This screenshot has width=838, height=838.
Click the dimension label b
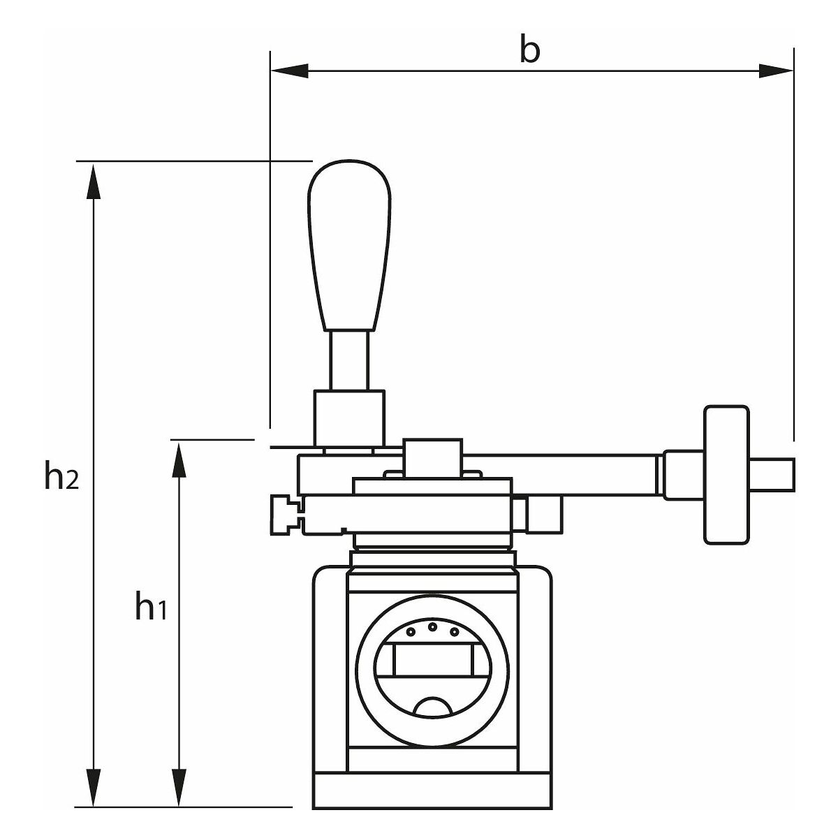(x=530, y=50)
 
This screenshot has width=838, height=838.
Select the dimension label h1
(x=151, y=608)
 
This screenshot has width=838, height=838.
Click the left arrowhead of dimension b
(x=289, y=70)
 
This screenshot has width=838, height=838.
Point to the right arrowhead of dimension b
(x=776, y=70)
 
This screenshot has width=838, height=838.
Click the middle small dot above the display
(x=432, y=626)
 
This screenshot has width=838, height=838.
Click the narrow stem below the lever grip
(x=349, y=360)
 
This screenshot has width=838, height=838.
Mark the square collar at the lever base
(x=348, y=417)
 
